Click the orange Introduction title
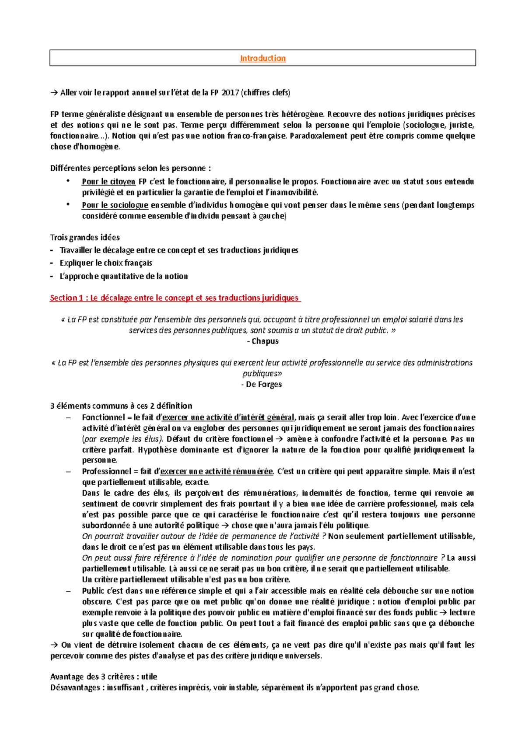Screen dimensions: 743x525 pyautogui.click(x=262, y=58)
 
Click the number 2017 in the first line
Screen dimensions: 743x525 pyautogui.click(x=230, y=92)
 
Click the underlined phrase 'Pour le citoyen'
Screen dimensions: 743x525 pyautogui.click(x=108, y=182)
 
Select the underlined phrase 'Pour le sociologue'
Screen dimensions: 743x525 pyautogui.click(x=115, y=205)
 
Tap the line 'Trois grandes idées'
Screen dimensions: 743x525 pyautogui.click(x=85, y=238)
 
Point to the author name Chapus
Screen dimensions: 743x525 pyautogui.click(x=265, y=341)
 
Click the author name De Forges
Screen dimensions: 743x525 pyautogui.click(x=263, y=385)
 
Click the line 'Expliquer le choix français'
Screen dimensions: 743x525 pyautogui.click(x=106, y=263)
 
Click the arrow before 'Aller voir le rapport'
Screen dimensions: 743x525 pyautogui.click(x=54, y=93)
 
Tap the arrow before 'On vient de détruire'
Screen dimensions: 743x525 pyautogui.click(x=54, y=645)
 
